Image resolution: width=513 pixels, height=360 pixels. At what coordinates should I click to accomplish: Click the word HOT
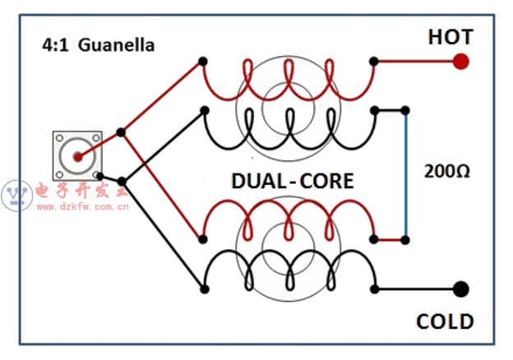click(450, 37)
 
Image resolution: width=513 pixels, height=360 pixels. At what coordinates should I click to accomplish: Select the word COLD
click(445, 321)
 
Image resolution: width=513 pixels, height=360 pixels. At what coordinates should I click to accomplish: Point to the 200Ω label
click(446, 172)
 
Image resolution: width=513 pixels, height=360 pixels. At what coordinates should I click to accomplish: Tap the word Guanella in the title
click(117, 45)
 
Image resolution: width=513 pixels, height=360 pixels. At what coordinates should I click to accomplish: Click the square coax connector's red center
click(77, 156)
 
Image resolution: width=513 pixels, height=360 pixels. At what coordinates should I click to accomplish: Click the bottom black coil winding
click(288, 275)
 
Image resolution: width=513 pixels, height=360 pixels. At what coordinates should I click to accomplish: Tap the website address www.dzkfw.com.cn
click(83, 207)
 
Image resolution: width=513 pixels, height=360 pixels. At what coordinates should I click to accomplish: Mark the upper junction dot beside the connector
click(122, 132)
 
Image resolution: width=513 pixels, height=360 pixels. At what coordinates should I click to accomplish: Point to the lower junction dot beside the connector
click(122, 181)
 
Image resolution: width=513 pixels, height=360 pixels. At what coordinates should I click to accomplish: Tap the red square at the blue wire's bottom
click(404, 240)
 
